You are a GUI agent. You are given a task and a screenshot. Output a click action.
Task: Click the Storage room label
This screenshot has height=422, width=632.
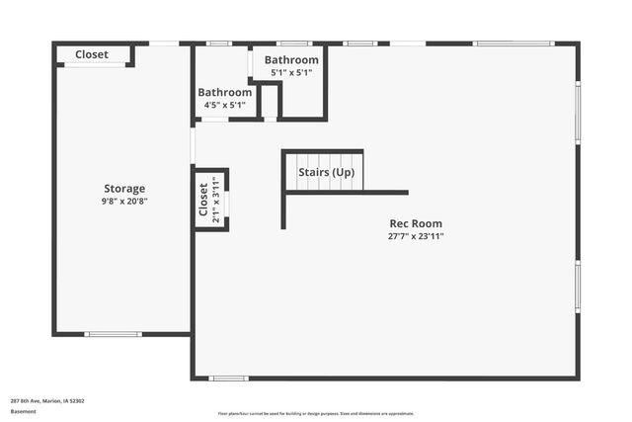pos(124,189)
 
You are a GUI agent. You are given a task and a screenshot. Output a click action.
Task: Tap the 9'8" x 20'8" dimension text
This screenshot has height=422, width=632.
pos(124,202)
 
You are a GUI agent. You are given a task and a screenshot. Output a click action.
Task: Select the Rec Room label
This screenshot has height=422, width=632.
pos(415,223)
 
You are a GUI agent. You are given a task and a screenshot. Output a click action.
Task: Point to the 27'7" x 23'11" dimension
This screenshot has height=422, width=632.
pos(415,236)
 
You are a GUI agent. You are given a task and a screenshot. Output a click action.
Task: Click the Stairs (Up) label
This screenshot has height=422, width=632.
pos(327,174)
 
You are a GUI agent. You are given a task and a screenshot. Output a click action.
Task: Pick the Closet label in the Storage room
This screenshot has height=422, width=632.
pos(92,54)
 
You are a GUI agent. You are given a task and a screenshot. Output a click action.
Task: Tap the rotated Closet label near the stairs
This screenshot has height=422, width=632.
pos(203,199)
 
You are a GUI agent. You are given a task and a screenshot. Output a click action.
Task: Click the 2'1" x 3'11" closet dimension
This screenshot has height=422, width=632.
pos(216,199)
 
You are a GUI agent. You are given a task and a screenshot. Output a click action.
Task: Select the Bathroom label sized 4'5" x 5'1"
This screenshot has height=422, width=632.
pos(224,92)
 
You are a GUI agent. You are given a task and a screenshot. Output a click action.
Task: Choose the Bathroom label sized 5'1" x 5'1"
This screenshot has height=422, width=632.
pos(291,59)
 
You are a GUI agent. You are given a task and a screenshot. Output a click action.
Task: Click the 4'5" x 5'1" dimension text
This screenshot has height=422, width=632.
pos(224,105)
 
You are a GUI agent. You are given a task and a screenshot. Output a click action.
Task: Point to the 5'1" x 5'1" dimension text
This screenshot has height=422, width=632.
pos(291,72)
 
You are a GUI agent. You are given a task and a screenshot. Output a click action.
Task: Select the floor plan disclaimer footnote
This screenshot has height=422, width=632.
pos(316,413)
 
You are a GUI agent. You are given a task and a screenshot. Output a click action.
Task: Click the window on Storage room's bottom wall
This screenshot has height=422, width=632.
pos(114,334)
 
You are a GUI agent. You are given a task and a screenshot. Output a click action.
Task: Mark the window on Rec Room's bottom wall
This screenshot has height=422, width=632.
pos(228,379)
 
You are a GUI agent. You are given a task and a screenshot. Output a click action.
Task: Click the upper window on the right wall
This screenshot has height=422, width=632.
pos(578,112)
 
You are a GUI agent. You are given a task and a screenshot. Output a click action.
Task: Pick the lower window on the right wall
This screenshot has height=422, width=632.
pos(578,287)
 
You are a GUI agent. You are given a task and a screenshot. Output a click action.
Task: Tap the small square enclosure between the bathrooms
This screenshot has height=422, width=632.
pos(270,101)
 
